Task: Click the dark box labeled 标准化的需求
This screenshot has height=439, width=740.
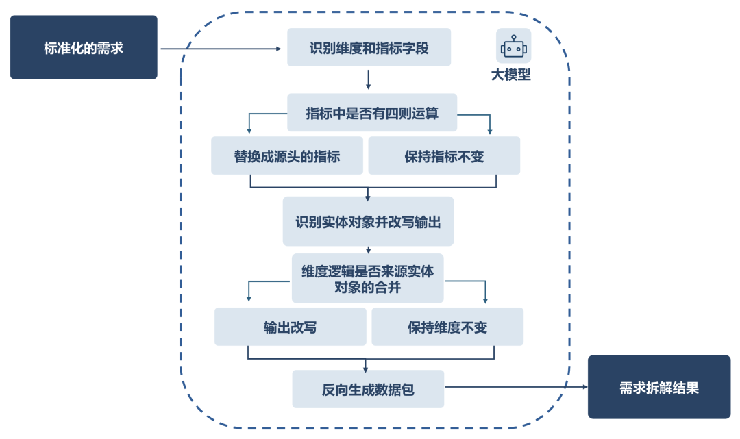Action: (x=84, y=48)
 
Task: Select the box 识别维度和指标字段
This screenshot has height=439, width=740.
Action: (x=369, y=48)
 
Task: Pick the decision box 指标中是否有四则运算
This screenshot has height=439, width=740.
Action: (x=371, y=113)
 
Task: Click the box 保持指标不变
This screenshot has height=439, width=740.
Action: (x=444, y=156)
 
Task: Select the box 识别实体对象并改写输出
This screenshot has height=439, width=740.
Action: (x=368, y=222)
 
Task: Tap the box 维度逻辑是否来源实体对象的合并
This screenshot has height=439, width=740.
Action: (x=367, y=279)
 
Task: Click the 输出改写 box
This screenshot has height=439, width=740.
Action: (x=290, y=327)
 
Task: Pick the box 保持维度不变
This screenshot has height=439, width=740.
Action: (x=447, y=327)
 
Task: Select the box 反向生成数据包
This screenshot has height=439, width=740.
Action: (x=368, y=390)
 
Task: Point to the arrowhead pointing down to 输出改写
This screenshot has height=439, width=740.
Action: (x=248, y=299)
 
